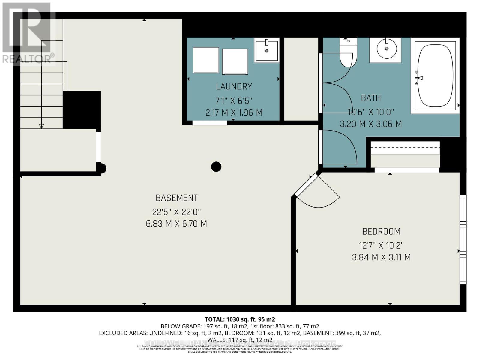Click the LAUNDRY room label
click(234, 87)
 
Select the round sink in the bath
click(386, 49)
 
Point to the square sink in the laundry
click(267, 50)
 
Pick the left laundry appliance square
click(206, 60)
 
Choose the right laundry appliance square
click(235, 61)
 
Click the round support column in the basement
click(216, 166)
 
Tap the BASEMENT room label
click(176, 198)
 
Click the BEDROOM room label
click(381, 232)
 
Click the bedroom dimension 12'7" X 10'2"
click(381, 246)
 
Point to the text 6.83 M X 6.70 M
click(176, 224)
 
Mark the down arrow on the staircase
click(41, 126)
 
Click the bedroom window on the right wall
click(463, 240)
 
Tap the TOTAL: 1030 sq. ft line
click(240, 319)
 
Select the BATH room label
click(371, 98)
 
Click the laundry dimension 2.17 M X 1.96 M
click(234, 113)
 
